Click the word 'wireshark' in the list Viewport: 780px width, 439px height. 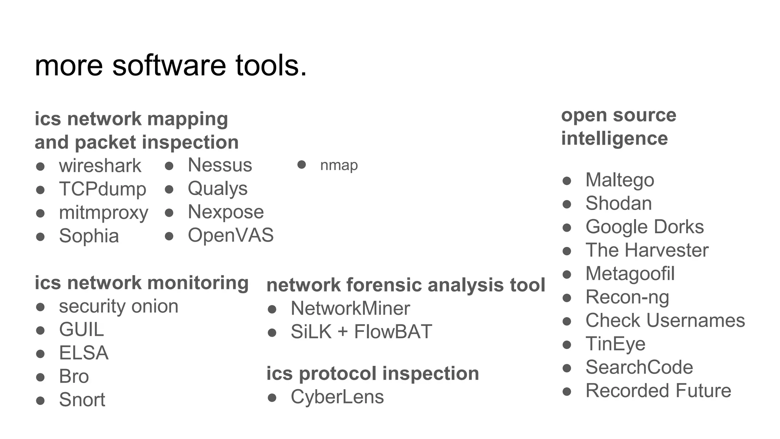point(100,166)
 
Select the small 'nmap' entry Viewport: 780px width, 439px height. point(339,165)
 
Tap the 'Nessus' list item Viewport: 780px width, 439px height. point(220,165)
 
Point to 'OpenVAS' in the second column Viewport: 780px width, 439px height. point(230,235)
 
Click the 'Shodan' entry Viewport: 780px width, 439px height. point(619,203)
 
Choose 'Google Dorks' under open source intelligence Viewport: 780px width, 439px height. point(644,227)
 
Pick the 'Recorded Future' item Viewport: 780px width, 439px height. point(658,391)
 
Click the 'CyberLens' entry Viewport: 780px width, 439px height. point(337,397)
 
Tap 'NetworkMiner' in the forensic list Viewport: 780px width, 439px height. point(350,308)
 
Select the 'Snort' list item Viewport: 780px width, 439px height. point(82,400)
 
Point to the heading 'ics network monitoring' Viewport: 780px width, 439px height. point(141,283)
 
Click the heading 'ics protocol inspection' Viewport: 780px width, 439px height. point(372,373)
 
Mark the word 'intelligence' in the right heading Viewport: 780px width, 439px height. point(614,138)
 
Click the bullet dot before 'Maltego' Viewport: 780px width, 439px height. point(567,181)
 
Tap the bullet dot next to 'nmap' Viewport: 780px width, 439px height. point(302,165)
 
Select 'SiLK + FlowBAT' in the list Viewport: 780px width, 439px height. point(361,332)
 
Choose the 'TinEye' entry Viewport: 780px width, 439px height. point(615,344)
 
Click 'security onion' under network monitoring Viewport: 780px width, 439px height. point(118,306)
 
